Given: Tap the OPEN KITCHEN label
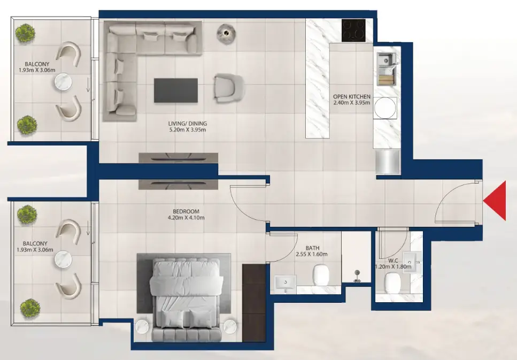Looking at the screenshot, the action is (351, 97).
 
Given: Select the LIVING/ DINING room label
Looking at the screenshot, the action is (188, 124).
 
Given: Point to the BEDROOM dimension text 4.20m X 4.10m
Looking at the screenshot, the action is (186, 218).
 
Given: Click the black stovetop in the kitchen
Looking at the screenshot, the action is (353, 30).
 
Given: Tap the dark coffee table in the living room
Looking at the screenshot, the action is (176, 90).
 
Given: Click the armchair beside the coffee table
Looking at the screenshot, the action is (228, 87).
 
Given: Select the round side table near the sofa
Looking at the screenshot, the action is (226, 33).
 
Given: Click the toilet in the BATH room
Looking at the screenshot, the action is (320, 275).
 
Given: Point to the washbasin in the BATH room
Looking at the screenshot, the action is (285, 283).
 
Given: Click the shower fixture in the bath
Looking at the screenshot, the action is (357, 276).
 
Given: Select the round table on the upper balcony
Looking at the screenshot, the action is (63, 82).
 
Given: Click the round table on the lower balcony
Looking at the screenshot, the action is (63, 259).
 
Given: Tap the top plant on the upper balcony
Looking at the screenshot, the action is (25, 33).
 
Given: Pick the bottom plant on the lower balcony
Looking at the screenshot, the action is (30, 309).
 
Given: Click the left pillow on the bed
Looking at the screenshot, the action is (172, 319).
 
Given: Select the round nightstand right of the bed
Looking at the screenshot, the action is (230, 326).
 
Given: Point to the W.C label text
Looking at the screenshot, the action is (393, 261).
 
